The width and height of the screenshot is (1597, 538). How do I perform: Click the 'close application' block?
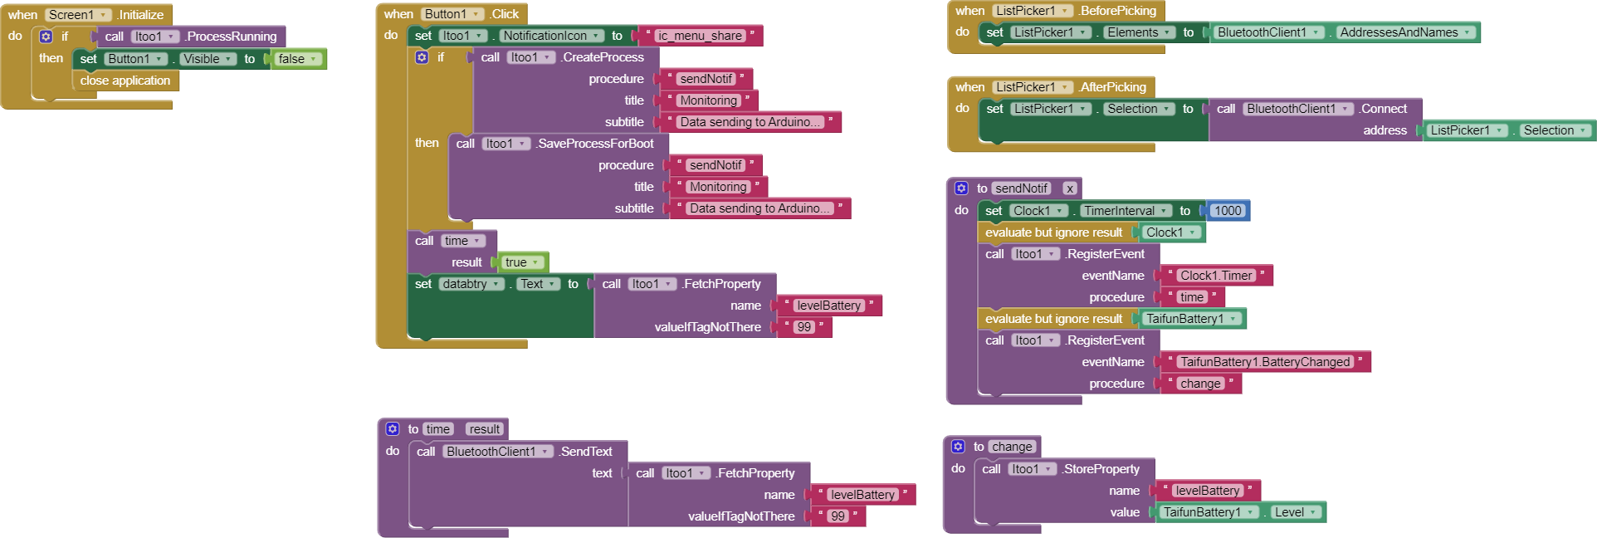[x=125, y=81]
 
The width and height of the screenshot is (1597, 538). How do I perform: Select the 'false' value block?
[x=296, y=59]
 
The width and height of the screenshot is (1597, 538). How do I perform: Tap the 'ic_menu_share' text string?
[x=701, y=36]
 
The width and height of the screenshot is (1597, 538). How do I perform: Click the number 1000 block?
[x=1228, y=211]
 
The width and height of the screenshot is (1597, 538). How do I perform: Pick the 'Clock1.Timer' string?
[x=1216, y=276]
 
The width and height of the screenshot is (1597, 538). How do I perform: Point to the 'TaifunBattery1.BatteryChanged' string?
[x=1265, y=362]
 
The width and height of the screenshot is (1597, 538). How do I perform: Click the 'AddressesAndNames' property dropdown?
[x=1405, y=32]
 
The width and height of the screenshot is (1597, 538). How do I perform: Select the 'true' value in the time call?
[x=522, y=262]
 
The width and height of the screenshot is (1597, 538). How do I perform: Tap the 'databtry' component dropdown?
[x=471, y=284]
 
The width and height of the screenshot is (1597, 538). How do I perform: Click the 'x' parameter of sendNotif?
[x=1070, y=188]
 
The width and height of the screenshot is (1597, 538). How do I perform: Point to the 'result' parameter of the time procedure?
[x=485, y=429]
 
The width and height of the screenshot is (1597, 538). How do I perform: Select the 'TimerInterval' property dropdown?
[x=1126, y=211]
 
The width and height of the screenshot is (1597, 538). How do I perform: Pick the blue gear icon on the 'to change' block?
[x=958, y=447]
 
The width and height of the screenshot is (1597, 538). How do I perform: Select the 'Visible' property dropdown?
[x=208, y=59]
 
